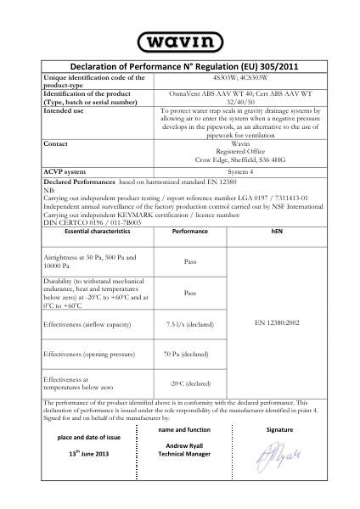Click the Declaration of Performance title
pos(179,67)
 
